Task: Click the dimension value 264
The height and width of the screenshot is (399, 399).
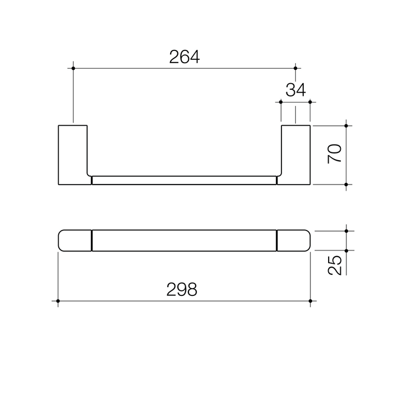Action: point(184,57)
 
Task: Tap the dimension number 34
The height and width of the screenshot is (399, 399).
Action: point(295,90)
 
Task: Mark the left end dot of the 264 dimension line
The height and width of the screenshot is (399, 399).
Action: point(73,68)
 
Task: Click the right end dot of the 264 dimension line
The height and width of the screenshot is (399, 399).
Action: point(295,68)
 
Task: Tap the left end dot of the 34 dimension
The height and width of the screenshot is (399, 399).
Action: point(282,102)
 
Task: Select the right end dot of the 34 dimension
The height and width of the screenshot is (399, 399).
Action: point(310,102)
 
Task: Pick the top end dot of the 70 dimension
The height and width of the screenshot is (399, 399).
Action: point(346,126)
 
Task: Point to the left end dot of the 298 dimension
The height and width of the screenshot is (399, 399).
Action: point(58,301)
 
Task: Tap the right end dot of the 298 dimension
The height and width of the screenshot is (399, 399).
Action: point(310,301)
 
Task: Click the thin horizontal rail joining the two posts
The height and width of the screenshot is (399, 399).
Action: point(184,180)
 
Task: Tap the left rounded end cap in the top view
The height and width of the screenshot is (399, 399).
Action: point(74,241)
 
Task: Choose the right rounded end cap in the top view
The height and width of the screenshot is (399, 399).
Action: point(293,241)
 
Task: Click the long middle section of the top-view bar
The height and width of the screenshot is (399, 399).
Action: point(184,241)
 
